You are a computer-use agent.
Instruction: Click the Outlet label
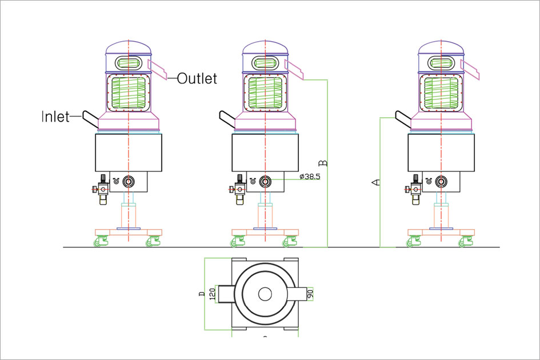tap(197, 78)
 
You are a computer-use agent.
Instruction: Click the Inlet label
tap(55, 117)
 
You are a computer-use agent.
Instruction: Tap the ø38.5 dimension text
tap(310, 177)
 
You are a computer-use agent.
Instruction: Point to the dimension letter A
tap(375, 182)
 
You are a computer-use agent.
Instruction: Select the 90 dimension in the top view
tap(310, 293)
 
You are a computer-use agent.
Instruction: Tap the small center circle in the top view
tap(265, 294)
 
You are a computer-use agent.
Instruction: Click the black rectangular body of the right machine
tap(441, 153)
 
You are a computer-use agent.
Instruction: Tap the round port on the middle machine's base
tap(265, 182)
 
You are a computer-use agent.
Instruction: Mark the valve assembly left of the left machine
tap(103, 189)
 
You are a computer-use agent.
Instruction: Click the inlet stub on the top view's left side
tap(224, 294)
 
